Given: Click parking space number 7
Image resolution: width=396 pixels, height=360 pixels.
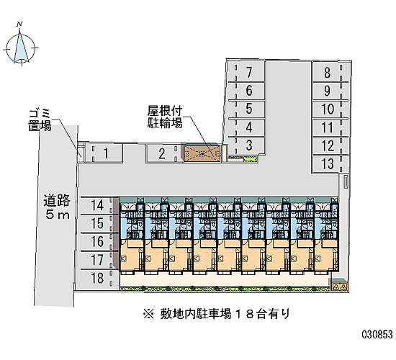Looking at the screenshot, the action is [x=246, y=72].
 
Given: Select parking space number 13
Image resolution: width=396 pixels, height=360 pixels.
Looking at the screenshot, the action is [x=330, y=164].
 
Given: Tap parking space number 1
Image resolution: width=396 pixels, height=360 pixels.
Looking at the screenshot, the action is [x=104, y=153].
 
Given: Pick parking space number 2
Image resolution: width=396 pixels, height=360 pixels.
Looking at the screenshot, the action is [x=164, y=153].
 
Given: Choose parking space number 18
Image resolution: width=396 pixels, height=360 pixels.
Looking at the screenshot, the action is [x=97, y=279].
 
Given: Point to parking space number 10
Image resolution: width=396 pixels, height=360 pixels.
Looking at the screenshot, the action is [x=330, y=109].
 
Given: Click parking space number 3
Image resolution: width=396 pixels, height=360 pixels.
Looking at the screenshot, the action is [x=246, y=145].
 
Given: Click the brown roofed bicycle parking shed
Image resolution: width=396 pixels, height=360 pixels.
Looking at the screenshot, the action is [x=202, y=153].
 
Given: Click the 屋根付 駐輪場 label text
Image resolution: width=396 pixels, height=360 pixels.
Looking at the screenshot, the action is [x=165, y=117].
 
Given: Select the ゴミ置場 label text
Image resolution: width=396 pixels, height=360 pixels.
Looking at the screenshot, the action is [x=40, y=120].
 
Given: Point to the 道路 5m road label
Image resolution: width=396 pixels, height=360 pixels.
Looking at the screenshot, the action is [x=57, y=207].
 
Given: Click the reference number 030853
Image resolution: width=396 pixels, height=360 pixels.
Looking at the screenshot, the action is [x=377, y=335].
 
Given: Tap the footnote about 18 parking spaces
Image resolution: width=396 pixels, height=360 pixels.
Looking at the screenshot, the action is [x=217, y=314].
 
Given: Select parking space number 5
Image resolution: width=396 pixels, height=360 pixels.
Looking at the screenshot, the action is [x=246, y=109].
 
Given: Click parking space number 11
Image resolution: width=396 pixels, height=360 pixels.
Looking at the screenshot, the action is [x=330, y=127].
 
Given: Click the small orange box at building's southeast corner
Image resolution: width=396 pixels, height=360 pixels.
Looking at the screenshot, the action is [x=340, y=287].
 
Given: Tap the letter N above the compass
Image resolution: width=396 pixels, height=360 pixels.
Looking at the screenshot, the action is [x=19, y=24].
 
